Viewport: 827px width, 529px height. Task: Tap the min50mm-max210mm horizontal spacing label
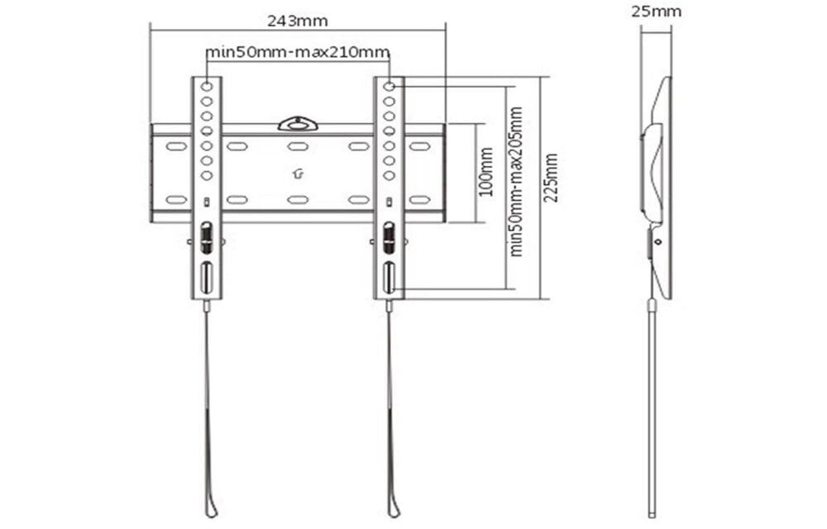[x=298, y=53]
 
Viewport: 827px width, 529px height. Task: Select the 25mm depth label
[x=656, y=12]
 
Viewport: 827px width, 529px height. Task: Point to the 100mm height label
[x=486, y=172]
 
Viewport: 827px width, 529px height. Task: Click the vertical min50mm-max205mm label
[x=516, y=181]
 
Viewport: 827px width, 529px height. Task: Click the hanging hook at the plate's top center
[x=298, y=124]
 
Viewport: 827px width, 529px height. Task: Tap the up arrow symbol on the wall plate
[x=298, y=174]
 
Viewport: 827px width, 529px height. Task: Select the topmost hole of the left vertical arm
[x=207, y=86]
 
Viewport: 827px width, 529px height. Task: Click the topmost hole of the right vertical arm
[x=389, y=86]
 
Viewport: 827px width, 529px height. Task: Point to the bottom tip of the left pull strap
[x=212, y=512]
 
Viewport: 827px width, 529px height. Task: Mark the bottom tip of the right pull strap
[x=394, y=512]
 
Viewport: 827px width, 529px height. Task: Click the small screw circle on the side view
[x=657, y=242]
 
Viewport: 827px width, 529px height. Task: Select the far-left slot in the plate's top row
[x=175, y=146]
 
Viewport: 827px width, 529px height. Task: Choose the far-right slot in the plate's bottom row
[x=419, y=199]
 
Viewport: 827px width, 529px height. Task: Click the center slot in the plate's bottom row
[x=298, y=199]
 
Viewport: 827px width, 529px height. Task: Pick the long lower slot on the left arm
[x=207, y=278]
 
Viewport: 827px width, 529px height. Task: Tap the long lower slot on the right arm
[x=389, y=278]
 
